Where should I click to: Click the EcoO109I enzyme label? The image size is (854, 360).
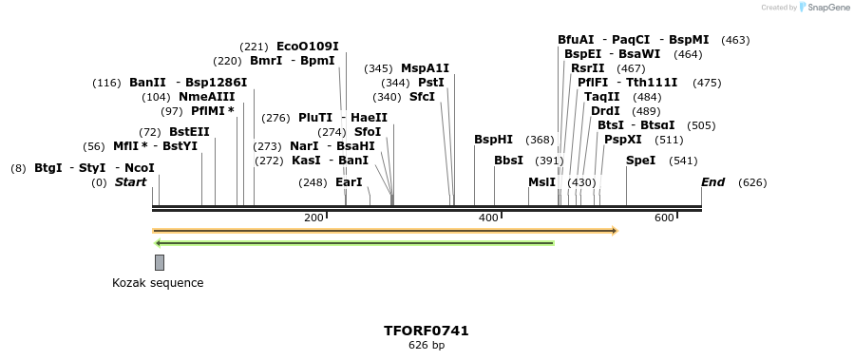click(x=307, y=46)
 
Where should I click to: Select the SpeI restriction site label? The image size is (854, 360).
click(x=640, y=160)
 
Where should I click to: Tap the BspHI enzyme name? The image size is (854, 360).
click(x=493, y=140)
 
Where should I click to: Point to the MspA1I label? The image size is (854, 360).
click(x=425, y=68)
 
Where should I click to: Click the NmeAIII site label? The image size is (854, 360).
click(x=206, y=97)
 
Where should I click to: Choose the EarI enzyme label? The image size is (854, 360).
click(x=349, y=182)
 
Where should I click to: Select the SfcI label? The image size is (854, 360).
click(x=422, y=97)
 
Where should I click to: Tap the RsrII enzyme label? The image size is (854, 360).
click(x=587, y=68)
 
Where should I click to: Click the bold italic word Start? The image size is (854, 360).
click(x=131, y=181)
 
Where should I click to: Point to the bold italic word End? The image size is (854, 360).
click(x=712, y=181)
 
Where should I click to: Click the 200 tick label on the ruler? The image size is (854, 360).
click(x=314, y=218)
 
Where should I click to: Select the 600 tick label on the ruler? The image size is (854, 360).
click(x=664, y=218)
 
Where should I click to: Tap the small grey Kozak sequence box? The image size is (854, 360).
click(x=160, y=262)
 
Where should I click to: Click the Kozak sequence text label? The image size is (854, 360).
click(x=158, y=283)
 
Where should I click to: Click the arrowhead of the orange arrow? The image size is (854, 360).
click(x=615, y=231)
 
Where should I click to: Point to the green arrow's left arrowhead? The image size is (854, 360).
click(x=159, y=243)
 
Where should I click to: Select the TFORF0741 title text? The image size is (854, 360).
click(x=426, y=331)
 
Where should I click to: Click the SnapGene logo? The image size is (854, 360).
click(x=823, y=8)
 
